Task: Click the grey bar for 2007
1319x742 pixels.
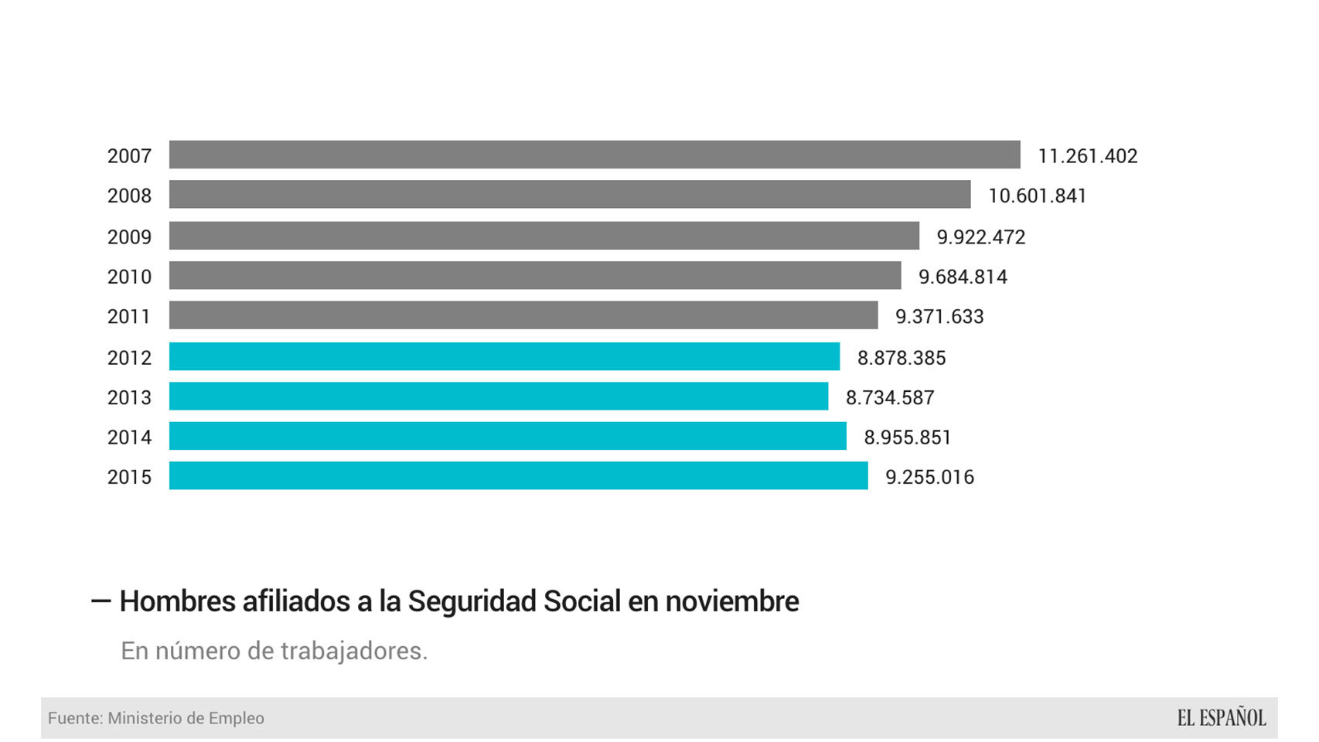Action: coord(594,155)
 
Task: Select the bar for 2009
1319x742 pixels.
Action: coord(544,236)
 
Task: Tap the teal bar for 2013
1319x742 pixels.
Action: coord(498,397)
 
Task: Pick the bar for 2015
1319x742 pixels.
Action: coord(518,475)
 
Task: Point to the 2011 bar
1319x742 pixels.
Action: coord(523,315)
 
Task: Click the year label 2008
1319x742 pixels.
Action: coord(129,196)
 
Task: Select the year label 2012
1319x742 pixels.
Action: coord(129,358)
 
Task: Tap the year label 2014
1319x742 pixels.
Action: coord(129,437)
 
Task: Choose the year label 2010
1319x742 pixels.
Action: coord(129,277)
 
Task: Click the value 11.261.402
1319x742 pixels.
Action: coord(1087,156)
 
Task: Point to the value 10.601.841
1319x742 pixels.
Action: coord(1037,196)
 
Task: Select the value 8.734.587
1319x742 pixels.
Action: coord(890,398)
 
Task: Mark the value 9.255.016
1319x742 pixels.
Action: coord(929,478)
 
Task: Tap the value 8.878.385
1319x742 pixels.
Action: coord(901,358)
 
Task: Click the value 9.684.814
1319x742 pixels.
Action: coord(963,277)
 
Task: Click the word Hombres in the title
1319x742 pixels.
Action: coord(176,601)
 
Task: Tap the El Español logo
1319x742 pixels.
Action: coord(1221,718)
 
